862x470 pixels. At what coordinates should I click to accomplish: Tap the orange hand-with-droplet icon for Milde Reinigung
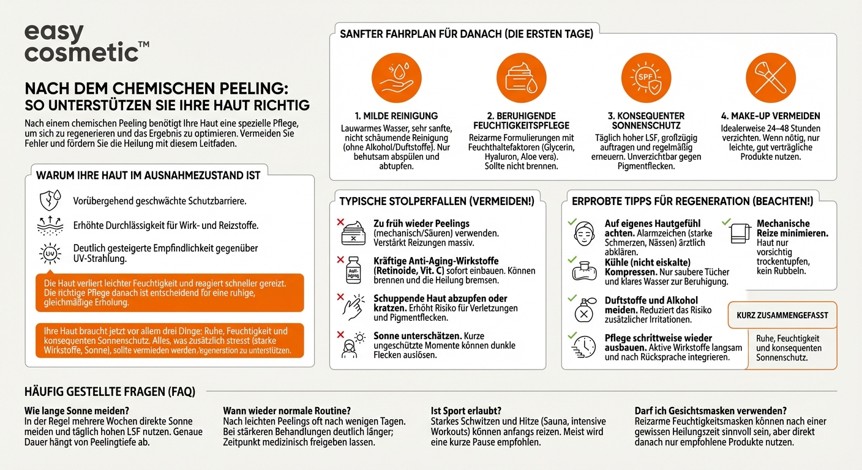[x=396, y=78]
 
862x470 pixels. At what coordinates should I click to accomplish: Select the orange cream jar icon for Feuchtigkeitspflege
[x=521, y=78]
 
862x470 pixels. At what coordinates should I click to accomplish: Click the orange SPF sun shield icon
[x=646, y=78]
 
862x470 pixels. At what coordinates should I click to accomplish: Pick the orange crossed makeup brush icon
[x=770, y=78]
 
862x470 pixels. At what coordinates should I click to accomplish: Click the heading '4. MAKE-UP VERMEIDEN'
[x=770, y=116]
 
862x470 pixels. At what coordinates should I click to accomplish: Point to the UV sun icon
[x=50, y=253]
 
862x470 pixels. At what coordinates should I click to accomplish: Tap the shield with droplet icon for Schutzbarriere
[x=50, y=201]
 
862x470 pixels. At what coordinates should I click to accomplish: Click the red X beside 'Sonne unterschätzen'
[x=340, y=335]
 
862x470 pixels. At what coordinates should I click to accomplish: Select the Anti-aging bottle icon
[x=353, y=269]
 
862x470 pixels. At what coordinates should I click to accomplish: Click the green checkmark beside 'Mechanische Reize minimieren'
[x=726, y=223]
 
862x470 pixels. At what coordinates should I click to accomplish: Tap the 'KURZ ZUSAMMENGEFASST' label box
[x=782, y=315]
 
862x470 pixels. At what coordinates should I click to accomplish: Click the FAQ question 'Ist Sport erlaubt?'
[x=466, y=411]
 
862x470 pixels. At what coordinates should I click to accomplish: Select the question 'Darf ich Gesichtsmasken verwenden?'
[x=710, y=411]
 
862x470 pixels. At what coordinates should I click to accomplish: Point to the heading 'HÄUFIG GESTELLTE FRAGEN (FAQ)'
[x=110, y=392]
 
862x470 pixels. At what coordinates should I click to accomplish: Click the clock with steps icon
[x=585, y=346]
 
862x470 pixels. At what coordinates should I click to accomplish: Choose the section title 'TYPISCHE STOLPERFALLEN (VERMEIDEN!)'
[x=437, y=201]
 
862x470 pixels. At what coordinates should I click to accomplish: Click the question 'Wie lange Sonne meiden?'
[x=77, y=411]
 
